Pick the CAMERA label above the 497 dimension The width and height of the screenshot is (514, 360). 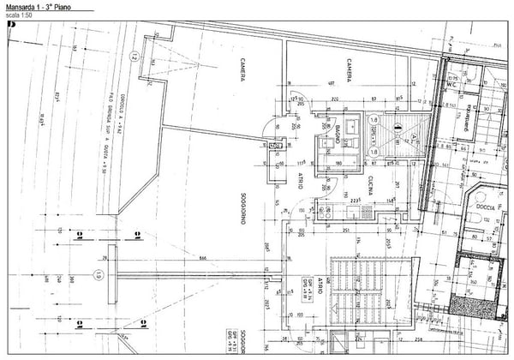click(350, 69)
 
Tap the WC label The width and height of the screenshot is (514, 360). click(451, 85)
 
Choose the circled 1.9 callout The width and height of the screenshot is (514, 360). click(99, 276)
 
